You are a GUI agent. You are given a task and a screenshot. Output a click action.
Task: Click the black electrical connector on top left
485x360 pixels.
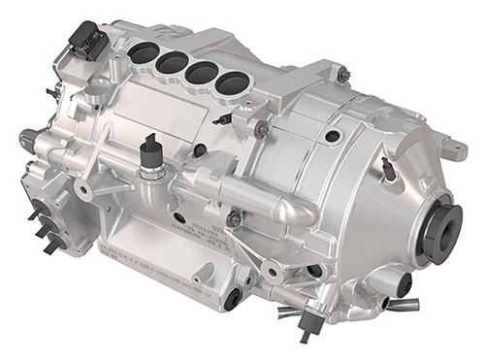tap(86, 42)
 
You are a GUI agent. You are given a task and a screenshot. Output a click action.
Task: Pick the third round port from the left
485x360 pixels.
tap(201, 74)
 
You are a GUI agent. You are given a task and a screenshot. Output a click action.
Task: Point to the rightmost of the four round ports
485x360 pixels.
tap(231, 84)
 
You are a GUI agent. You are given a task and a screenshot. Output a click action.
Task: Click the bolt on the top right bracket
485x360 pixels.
tap(342, 74)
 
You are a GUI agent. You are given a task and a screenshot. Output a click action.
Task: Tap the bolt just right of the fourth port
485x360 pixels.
tap(261, 126)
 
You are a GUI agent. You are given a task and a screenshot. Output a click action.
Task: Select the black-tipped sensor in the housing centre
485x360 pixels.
tap(149, 155)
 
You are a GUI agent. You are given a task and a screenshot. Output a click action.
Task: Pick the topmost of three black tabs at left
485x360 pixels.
tap(34, 211)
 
